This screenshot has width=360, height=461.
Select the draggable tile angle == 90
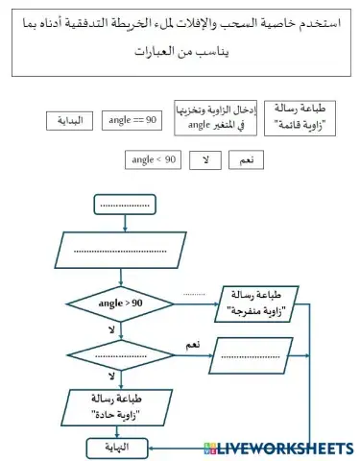coord(134,119)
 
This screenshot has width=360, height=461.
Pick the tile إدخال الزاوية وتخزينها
coord(212,116)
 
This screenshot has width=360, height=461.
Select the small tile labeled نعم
coord(246,160)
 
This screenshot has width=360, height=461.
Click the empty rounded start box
coord(125,205)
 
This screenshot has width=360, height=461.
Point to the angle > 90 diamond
coord(121,303)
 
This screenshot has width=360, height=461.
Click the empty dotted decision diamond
coord(121,356)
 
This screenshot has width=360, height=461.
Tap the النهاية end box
coord(120,447)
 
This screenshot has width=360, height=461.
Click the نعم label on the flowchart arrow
coord(192,344)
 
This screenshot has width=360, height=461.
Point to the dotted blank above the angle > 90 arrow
coord(194,293)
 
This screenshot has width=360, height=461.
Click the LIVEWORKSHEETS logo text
coord(285,448)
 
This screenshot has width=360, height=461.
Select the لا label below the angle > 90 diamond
coord(112,329)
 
